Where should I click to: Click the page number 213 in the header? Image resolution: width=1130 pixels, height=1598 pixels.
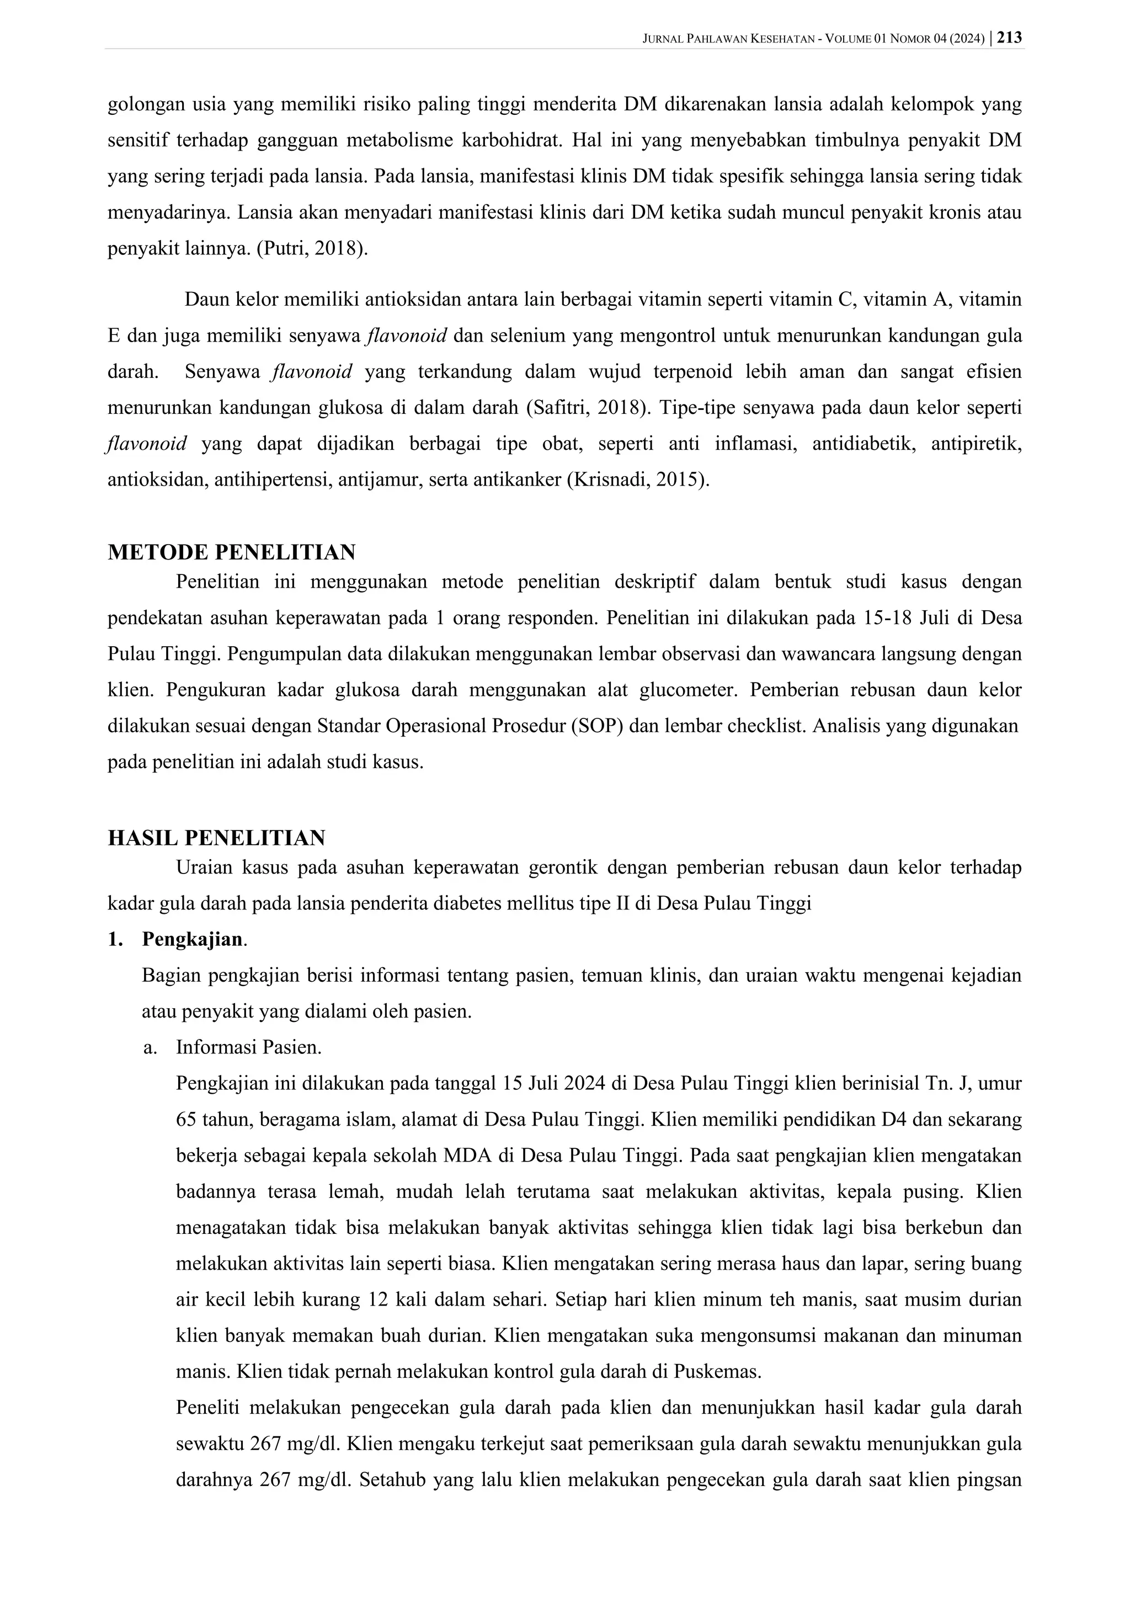pos(1010,38)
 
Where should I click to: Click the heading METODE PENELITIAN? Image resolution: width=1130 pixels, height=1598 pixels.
pos(231,552)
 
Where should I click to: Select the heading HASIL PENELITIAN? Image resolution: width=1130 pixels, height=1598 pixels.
pos(216,837)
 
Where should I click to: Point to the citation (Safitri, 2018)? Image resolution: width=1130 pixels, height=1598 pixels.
pos(588,407)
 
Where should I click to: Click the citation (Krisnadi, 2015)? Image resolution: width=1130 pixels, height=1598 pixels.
pos(639,480)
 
